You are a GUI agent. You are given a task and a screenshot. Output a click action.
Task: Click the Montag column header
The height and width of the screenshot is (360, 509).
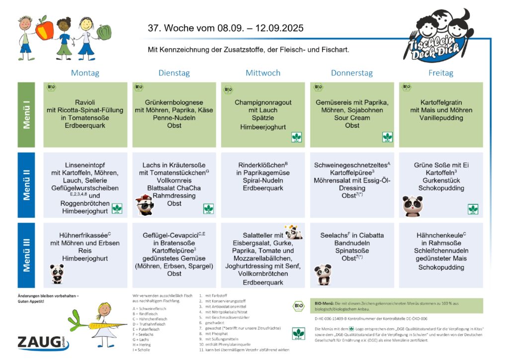tap(85, 73)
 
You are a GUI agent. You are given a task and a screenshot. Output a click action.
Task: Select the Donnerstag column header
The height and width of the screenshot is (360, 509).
tap(351, 73)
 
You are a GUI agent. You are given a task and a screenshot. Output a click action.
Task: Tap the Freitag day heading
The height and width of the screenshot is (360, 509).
tap(440, 73)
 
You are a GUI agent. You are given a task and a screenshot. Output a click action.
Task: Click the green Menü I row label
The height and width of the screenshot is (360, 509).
tap(27, 115)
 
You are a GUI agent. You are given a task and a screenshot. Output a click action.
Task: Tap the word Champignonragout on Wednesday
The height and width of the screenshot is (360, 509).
tap(263, 102)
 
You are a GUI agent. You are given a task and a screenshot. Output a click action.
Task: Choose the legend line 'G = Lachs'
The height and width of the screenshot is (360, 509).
tap(142, 340)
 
